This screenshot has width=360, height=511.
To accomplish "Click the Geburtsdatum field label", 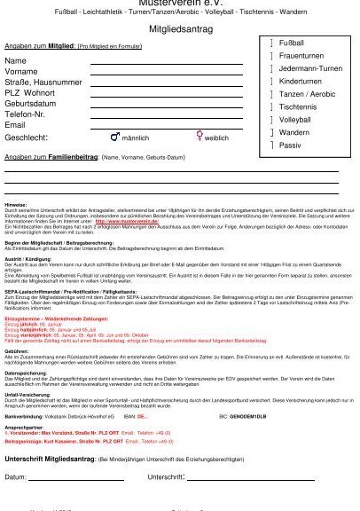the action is (x=34, y=101).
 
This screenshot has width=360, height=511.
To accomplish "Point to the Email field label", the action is (x=17, y=125).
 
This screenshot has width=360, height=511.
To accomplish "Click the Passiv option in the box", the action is (x=290, y=145).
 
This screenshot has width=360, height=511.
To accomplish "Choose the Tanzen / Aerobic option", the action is (x=307, y=93).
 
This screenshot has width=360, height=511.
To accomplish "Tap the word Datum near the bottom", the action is (x=16, y=476).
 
